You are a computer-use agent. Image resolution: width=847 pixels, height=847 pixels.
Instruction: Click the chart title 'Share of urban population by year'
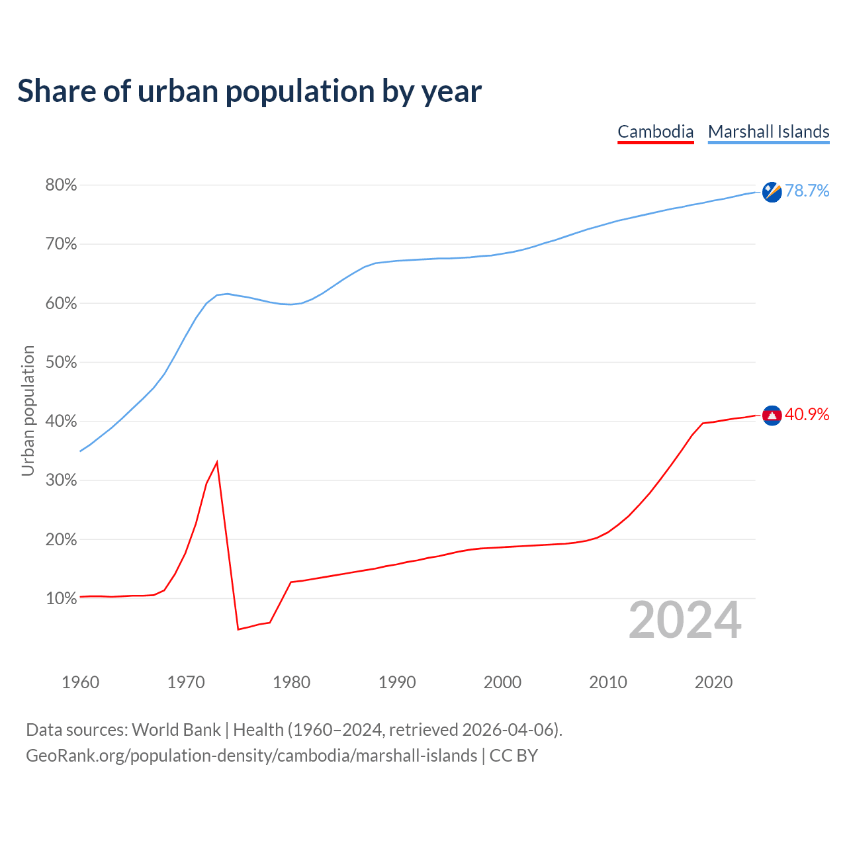pyautogui.click(x=249, y=91)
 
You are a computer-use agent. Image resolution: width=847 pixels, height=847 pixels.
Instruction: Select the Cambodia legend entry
pyautogui.click(x=655, y=132)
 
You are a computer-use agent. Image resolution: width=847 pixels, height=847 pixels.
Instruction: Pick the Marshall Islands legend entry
pyautogui.click(x=768, y=132)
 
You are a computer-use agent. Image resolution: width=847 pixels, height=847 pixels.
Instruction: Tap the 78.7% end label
pyautogui.click(x=807, y=191)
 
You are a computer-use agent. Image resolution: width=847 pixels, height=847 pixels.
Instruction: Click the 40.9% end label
pyautogui.click(x=807, y=414)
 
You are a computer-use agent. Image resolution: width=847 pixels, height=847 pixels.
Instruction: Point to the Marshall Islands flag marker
pyautogui.click(x=772, y=192)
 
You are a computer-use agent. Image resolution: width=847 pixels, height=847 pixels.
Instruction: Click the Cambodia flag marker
pyautogui.click(x=772, y=415)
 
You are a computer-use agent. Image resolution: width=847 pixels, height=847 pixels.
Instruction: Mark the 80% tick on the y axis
pyautogui.click(x=61, y=185)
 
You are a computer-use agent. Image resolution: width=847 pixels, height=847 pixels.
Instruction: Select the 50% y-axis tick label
pyautogui.click(x=61, y=363)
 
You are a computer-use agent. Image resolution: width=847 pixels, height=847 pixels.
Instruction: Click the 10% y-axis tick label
pyautogui.click(x=61, y=599)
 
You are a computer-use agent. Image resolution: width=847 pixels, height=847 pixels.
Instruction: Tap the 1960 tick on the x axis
pyautogui.click(x=80, y=682)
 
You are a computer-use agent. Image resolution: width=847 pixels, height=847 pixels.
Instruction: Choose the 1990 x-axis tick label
pyautogui.click(x=397, y=682)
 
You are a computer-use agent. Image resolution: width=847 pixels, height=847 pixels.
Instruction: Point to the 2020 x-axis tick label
pyautogui.click(x=713, y=682)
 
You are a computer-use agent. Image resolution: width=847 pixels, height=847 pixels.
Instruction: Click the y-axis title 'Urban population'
pyautogui.click(x=28, y=410)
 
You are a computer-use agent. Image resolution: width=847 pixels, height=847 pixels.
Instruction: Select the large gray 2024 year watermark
pyautogui.click(x=685, y=621)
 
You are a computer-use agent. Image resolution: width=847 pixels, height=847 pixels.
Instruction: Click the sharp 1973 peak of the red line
pyautogui.click(x=217, y=462)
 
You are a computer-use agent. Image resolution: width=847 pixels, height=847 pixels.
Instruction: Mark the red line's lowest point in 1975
pyautogui.click(x=238, y=629)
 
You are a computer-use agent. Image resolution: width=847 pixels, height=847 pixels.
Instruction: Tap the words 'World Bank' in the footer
pyautogui.click(x=176, y=730)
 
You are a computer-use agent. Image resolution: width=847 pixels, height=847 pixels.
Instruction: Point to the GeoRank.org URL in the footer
pyautogui.click(x=251, y=756)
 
